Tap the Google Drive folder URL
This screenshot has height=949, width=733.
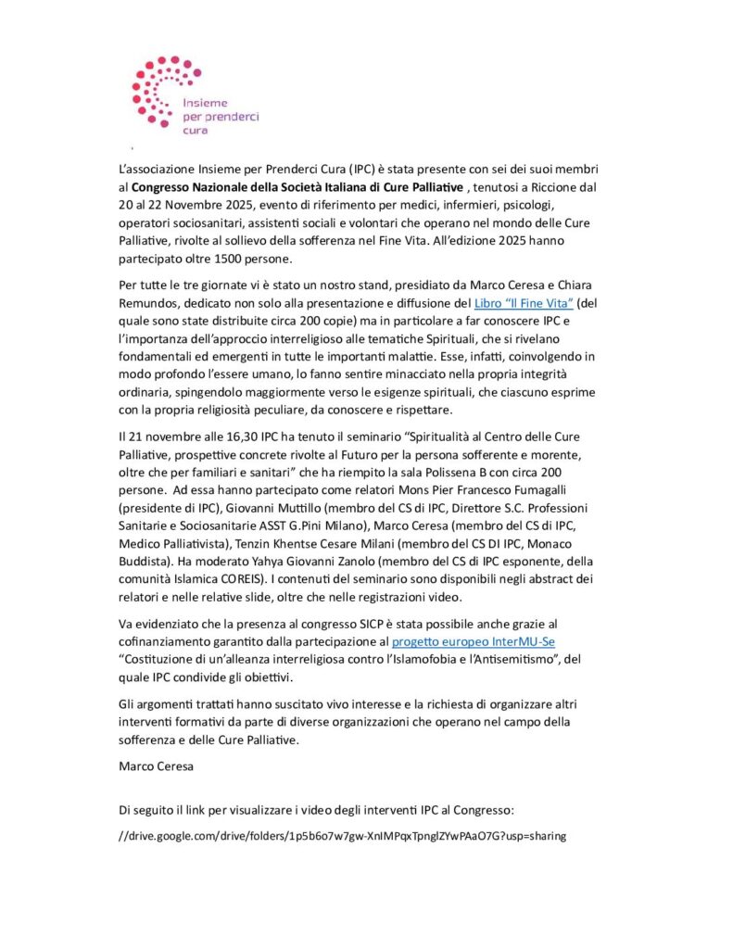click(x=342, y=835)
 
